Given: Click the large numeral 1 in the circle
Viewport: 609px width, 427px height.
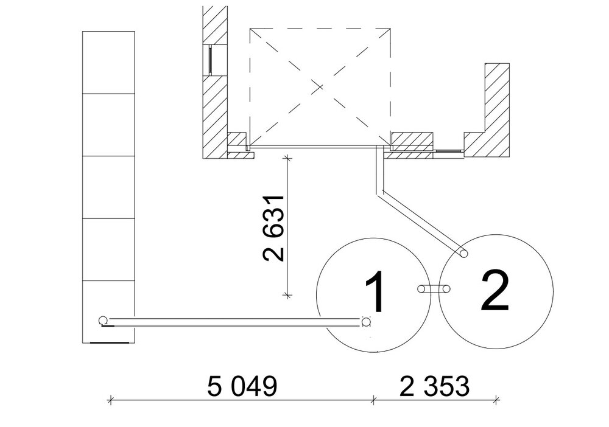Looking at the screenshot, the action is click(375, 291).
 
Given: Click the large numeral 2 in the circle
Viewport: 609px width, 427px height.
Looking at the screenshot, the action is click(495, 291).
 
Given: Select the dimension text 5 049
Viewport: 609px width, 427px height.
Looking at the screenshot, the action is click(242, 386).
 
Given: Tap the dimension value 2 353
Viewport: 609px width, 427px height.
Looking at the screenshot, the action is click(435, 386).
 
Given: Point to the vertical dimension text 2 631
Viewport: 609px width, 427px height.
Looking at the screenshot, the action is click(274, 228).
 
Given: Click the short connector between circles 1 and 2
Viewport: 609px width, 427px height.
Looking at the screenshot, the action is click(434, 289).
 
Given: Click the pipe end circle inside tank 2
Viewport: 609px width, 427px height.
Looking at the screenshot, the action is click(463, 254).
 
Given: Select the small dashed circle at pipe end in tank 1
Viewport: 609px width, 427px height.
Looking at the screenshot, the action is click(365, 322).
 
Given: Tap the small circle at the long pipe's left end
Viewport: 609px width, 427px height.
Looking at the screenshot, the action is click(103, 321).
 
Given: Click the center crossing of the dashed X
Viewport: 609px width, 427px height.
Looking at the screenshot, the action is click(319, 87).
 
